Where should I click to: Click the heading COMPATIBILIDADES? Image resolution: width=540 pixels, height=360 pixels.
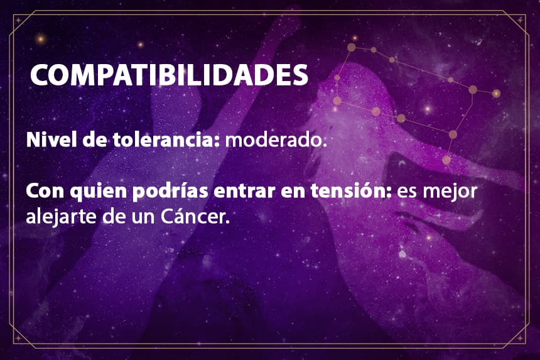(169, 75)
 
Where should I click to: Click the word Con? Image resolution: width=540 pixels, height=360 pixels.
(45, 191)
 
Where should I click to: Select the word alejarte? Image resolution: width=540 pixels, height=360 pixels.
(62, 217)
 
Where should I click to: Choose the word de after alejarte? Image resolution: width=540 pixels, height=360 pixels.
(114, 217)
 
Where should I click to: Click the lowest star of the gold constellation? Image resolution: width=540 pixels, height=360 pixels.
(446, 160)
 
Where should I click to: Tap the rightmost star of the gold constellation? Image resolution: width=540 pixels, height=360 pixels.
(496, 94)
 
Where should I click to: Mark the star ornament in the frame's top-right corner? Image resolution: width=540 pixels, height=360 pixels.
(520, 20)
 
